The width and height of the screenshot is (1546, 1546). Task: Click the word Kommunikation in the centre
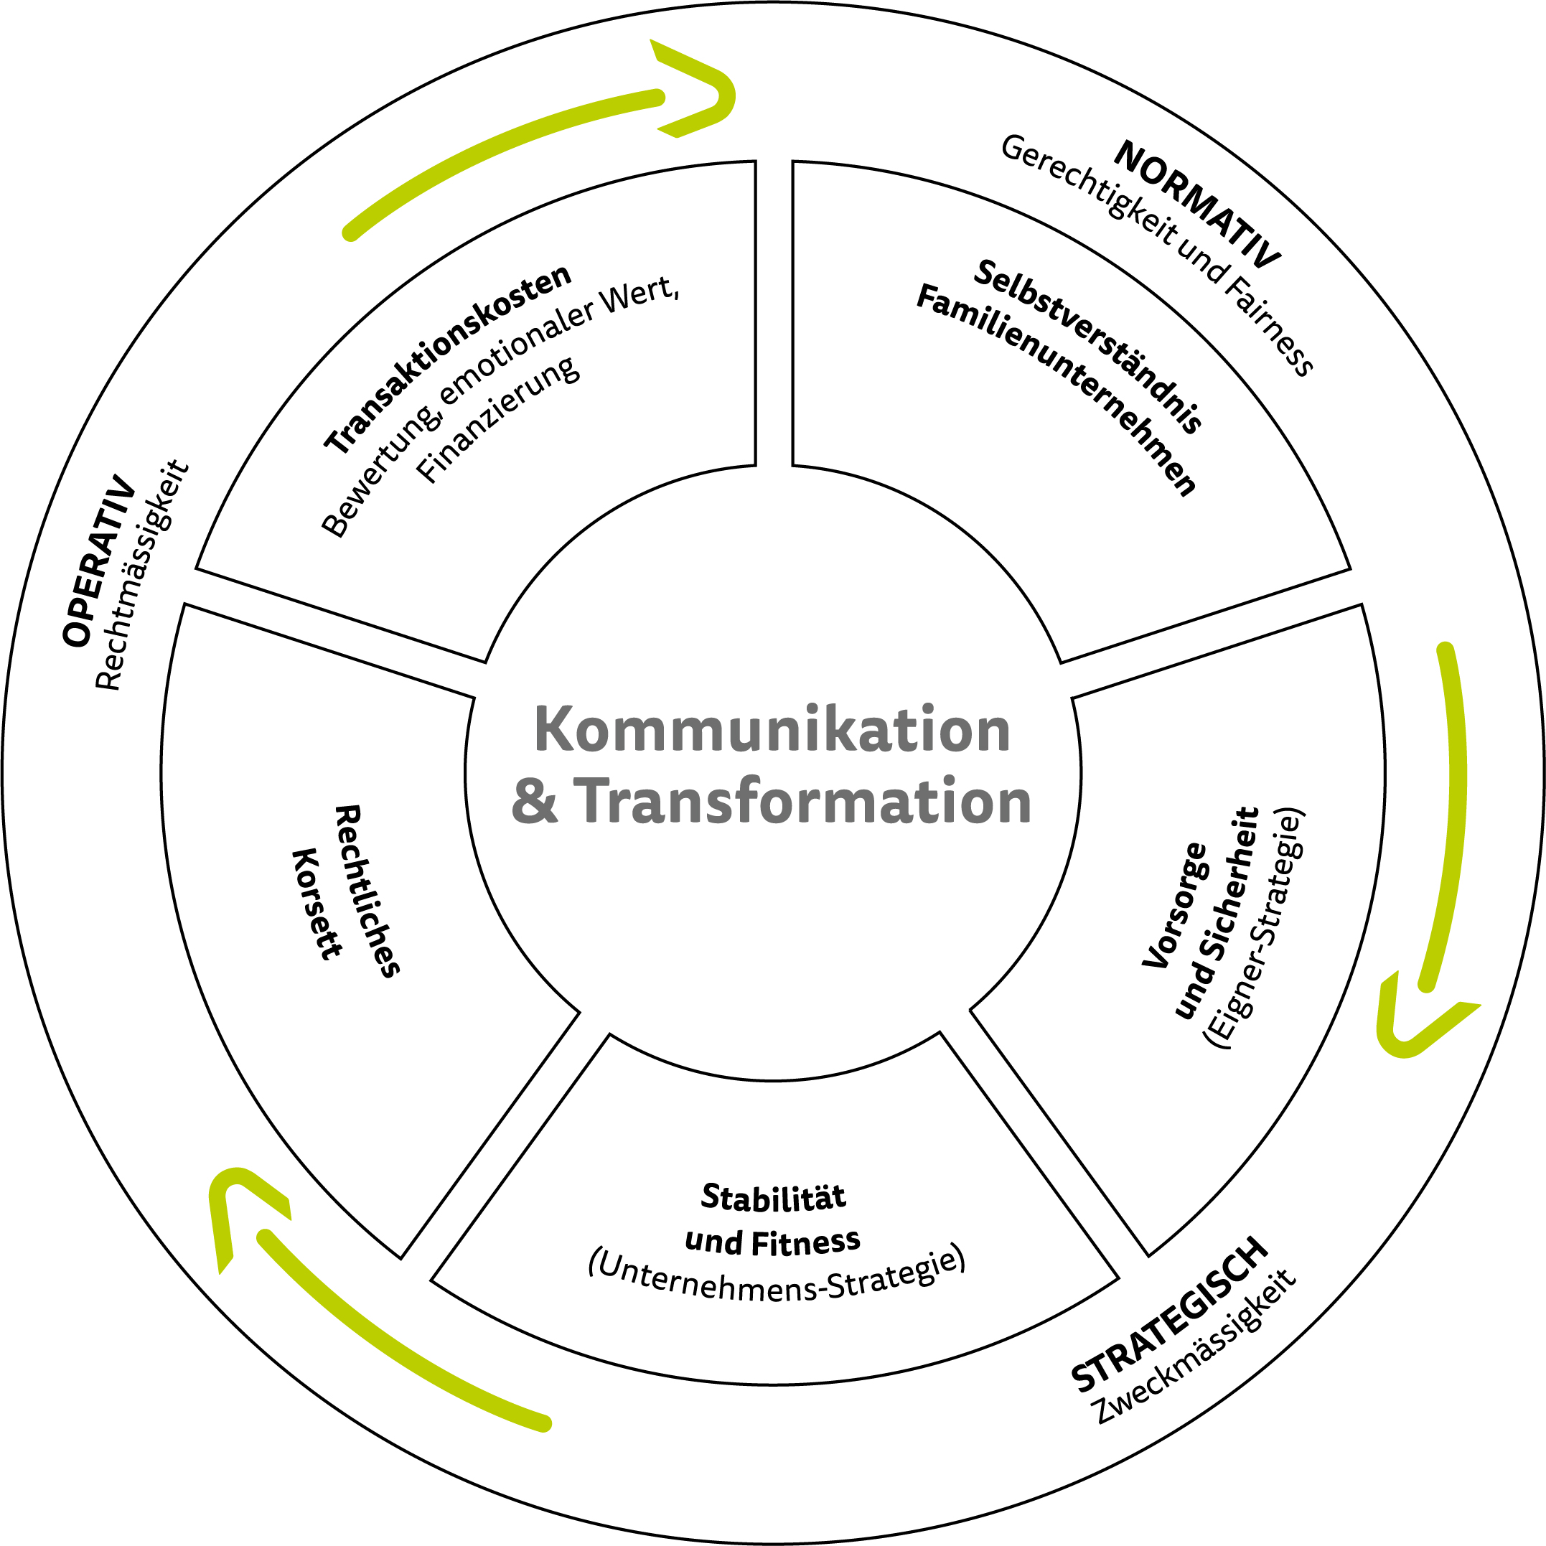click(772, 730)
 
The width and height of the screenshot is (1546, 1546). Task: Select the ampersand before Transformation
click(534, 802)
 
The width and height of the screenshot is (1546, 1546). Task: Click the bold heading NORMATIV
click(1197, 205)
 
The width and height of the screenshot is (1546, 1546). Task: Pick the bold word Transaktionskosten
click(447, 360)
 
